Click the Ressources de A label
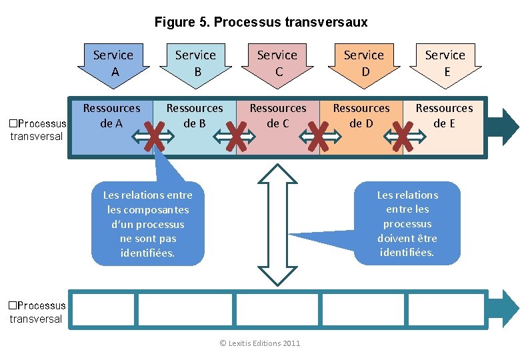pyautogui.click(x=111, y=115)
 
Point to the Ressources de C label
pyautogui.click(x=278, y=115)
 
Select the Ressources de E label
pyautogui.click(x=444, y=115)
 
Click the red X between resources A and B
pyautogui.click(x=154, y=137)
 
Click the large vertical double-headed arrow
pyautogui.click(x=277, y=224)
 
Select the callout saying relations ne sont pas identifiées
pyautogui.click(x=147, y=224)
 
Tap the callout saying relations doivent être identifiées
pyautogui.click(x=407, y=223)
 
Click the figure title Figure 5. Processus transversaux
pyautogui.click(x=261, y=22)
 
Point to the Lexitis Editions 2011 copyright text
pyautogui.click(x=260, y=343)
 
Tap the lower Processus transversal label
pyautogui.click(x=37, y=312)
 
